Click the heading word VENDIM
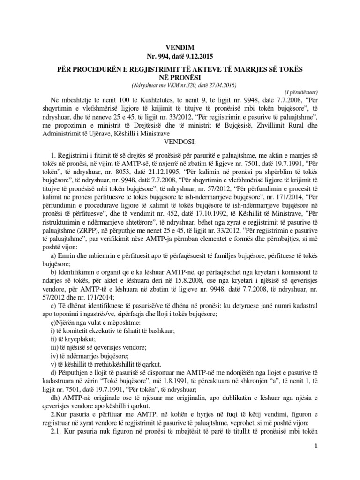[180, 47]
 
